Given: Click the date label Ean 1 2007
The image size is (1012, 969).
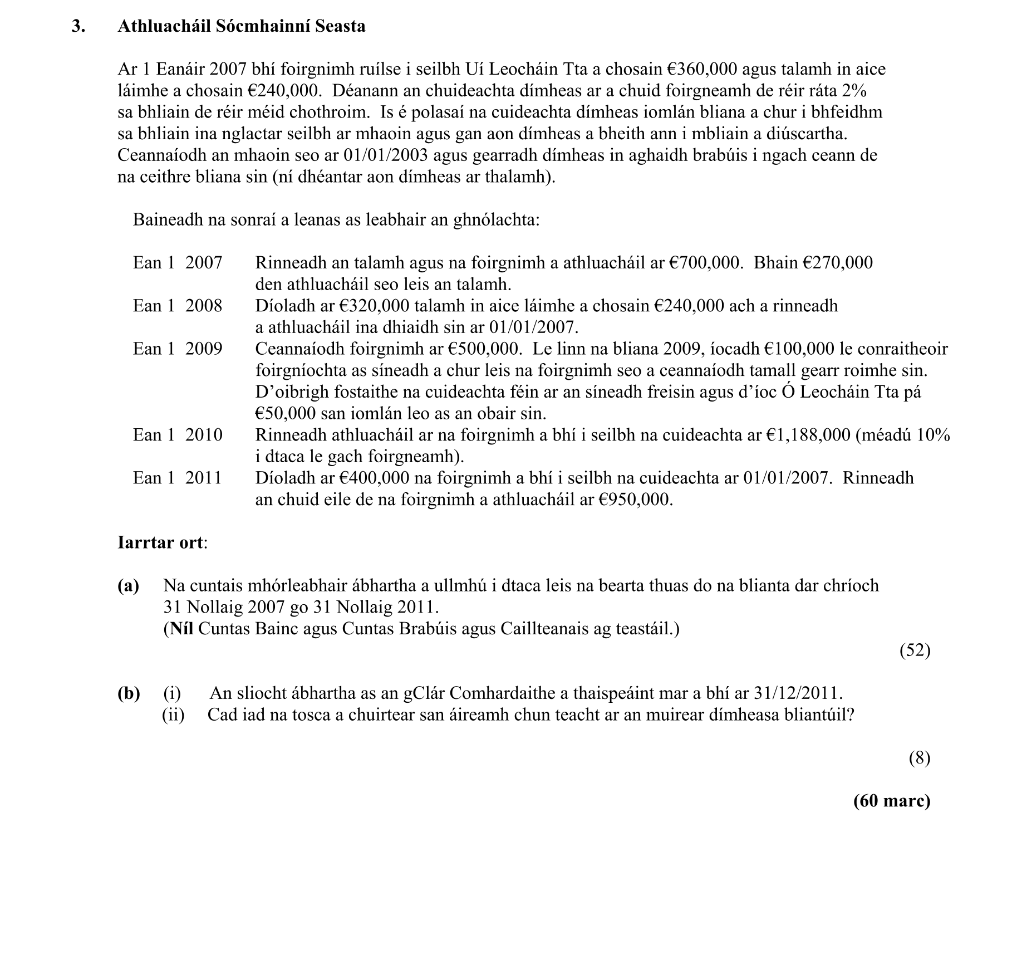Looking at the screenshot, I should [x=177, y=263].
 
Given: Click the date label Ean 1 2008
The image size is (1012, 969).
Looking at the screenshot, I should [x=177, y=306].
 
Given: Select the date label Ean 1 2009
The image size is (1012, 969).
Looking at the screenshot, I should [x=177, y=349].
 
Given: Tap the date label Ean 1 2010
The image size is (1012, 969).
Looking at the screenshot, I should [x=177, y=435].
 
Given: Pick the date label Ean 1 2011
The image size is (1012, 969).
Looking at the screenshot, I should [x=177, y=478].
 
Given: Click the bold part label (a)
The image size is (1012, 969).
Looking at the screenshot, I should [x=128, y=586].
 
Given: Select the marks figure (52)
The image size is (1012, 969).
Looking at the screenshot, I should [x=915, y=650].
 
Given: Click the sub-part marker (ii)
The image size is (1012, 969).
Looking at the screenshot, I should [x=173, y=714].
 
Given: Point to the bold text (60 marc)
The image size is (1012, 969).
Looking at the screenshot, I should [x=891, y=801].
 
